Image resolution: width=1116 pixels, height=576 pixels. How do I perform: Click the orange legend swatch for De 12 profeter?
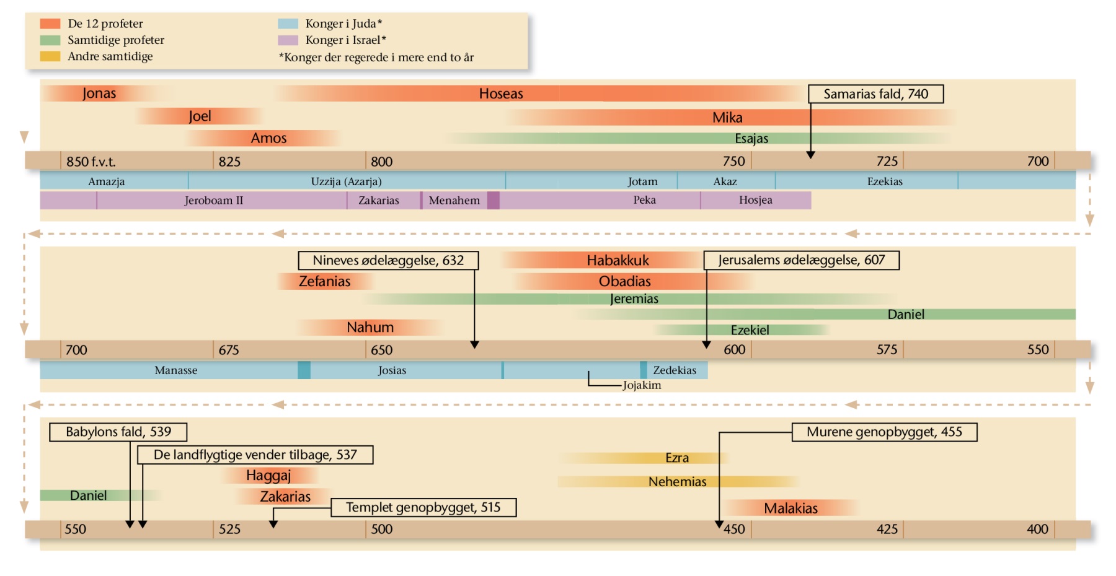tap(50, 24)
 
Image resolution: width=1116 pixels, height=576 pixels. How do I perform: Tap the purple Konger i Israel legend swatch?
tap(288, 40)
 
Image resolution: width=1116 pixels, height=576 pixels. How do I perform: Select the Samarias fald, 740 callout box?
tap(875, 94)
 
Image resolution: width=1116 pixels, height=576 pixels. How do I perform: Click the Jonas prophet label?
tap(99, 94)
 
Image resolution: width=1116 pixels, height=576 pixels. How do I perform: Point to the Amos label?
tap(268, 138)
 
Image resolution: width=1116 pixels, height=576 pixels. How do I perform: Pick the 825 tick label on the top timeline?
tap(229, 162)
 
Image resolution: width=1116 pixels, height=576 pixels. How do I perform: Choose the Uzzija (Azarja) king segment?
tap(346, 181)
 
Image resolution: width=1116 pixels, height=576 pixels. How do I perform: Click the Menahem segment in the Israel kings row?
tap(454, 201)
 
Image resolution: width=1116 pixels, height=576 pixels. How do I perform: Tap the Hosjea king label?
tap(755, 200)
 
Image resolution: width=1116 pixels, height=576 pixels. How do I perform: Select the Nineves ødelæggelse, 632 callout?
tap(388, 260)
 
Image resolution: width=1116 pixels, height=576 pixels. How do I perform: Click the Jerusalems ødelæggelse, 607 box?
tap(801, 260)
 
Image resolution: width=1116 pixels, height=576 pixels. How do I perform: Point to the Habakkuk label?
tap(618, 260)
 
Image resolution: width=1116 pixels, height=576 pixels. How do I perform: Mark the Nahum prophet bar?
tap(370, 327)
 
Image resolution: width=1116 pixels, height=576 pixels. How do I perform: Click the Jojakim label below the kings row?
tap(642, 385)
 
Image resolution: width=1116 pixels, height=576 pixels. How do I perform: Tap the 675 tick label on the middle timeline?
tap(229, 350)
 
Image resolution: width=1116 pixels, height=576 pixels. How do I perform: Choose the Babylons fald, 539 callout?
tap(118, 432)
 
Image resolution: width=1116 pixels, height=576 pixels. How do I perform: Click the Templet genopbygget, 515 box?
tap(423, 507)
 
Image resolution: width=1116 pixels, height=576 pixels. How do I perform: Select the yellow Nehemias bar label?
tap(677, 482)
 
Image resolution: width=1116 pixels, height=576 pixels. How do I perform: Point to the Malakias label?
tap(790, 508)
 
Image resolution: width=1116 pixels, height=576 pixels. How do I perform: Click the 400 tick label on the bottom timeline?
tap(1037, 529)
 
